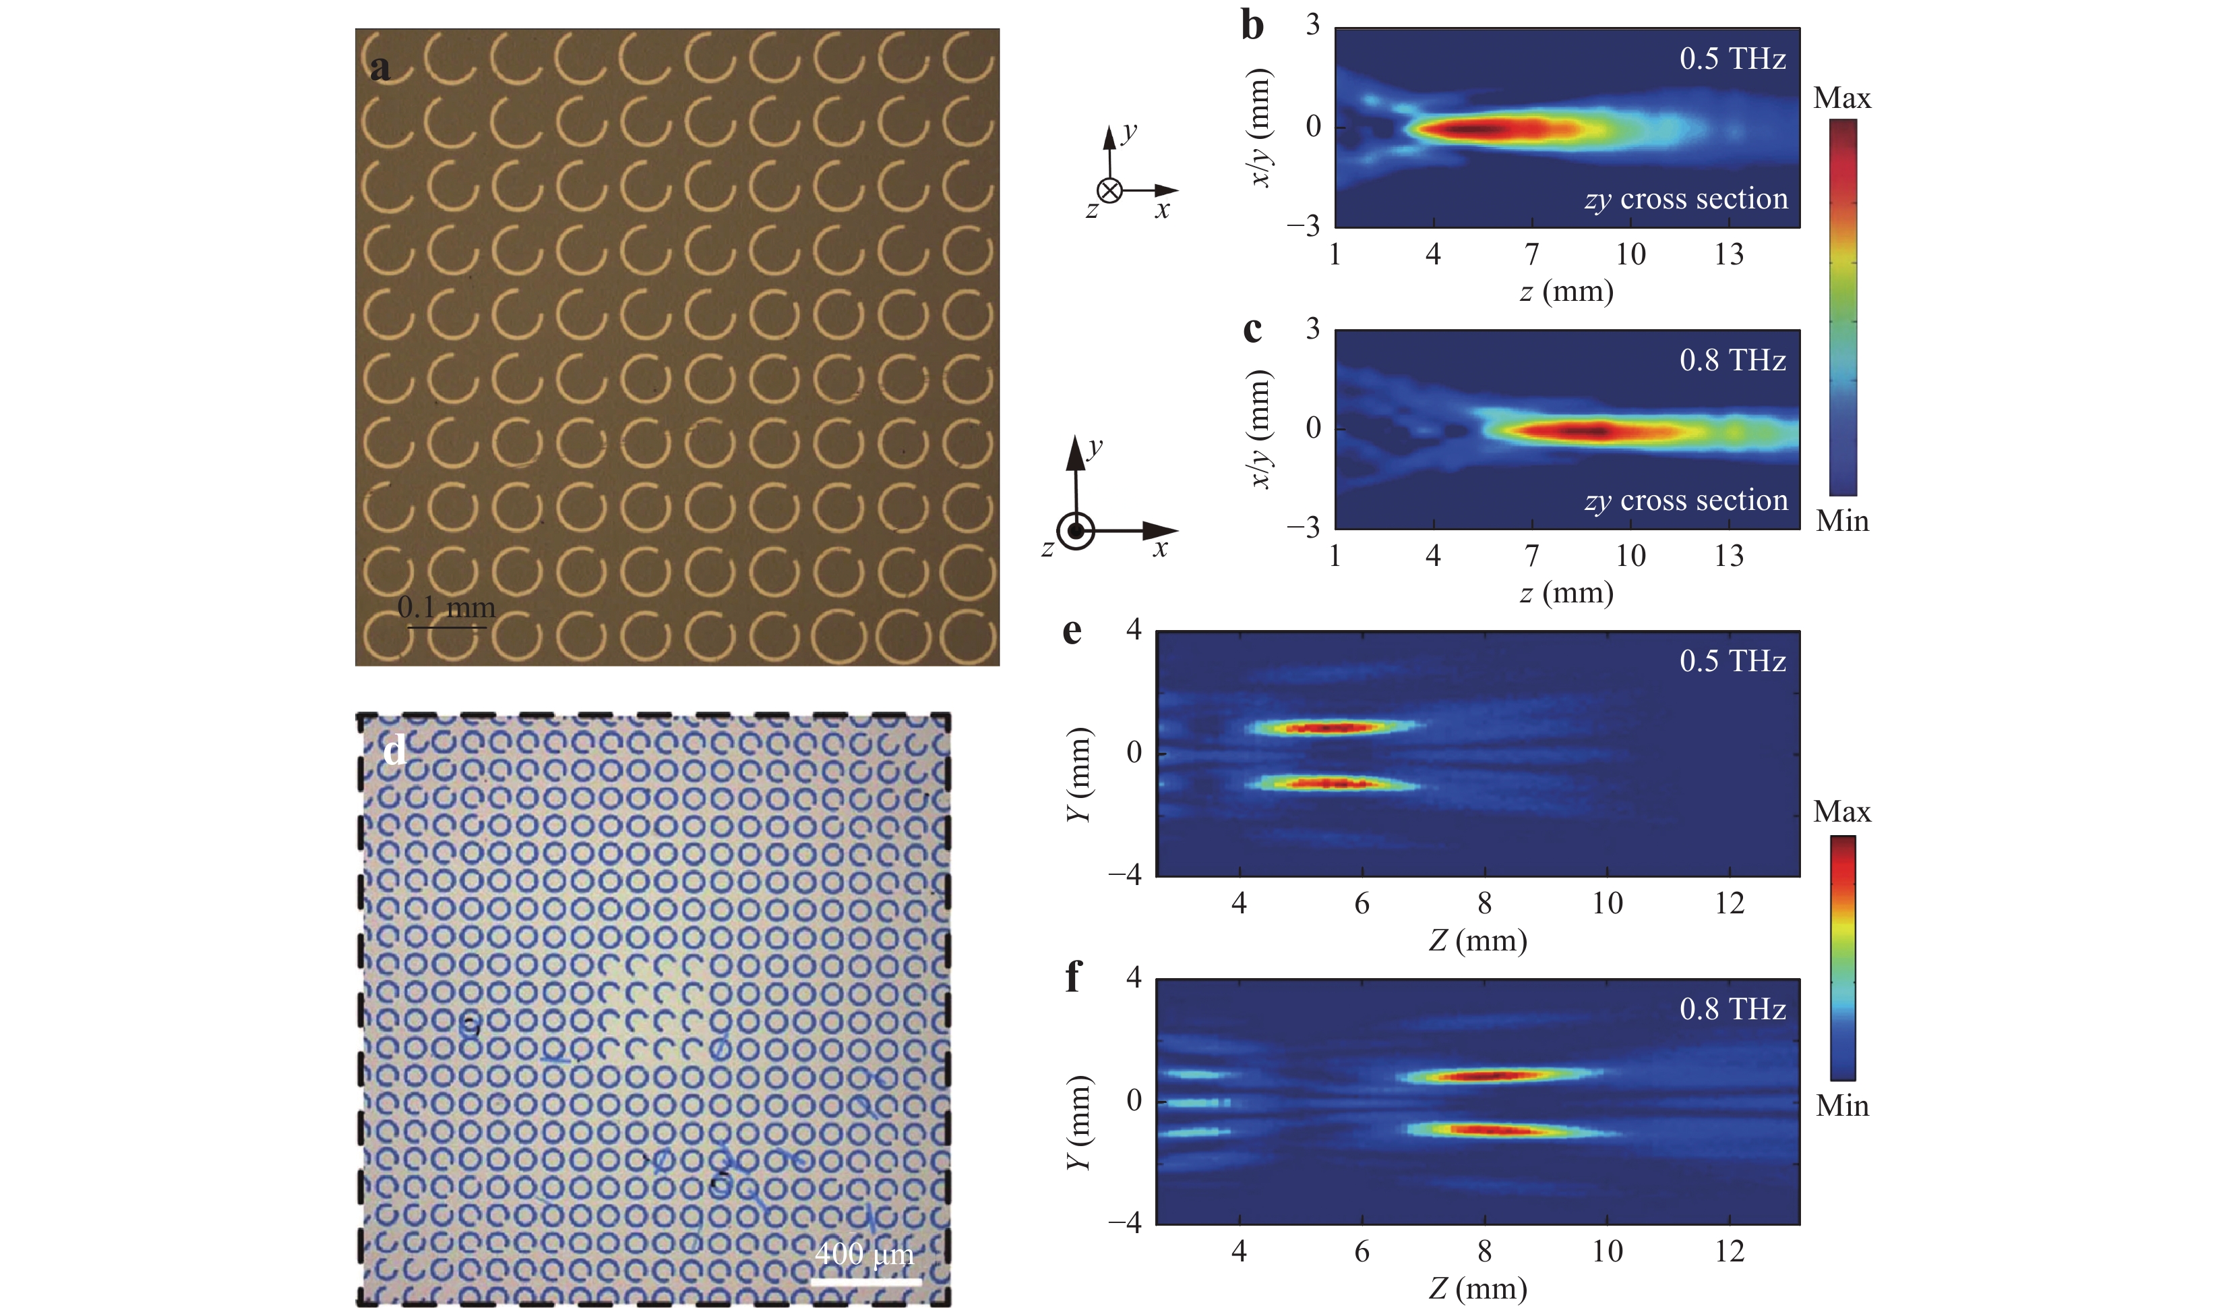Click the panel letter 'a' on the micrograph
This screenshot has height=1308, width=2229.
[x=380, y=68]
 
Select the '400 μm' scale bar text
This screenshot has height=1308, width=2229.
[x=863, y=1253]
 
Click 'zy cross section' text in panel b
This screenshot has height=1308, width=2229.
[x=1686, y=199]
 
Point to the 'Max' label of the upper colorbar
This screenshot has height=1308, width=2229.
[x=1841, y=98]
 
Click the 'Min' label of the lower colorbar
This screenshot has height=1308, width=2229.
[x=1841, y=1106]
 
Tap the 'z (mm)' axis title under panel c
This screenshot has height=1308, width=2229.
[x=1566, y=593]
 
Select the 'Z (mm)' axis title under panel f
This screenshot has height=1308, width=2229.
[x=1478, y=1288]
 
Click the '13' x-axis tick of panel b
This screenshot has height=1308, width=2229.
[x=1730, y=255]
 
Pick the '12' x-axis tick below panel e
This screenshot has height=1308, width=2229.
[x=1730, y=903]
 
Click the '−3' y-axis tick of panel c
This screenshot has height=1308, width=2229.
[x=1303, y=528]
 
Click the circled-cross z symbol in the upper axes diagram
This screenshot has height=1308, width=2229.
[x=1109, y=190]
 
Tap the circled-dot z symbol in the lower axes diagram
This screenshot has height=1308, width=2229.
[x=1076, y=532]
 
